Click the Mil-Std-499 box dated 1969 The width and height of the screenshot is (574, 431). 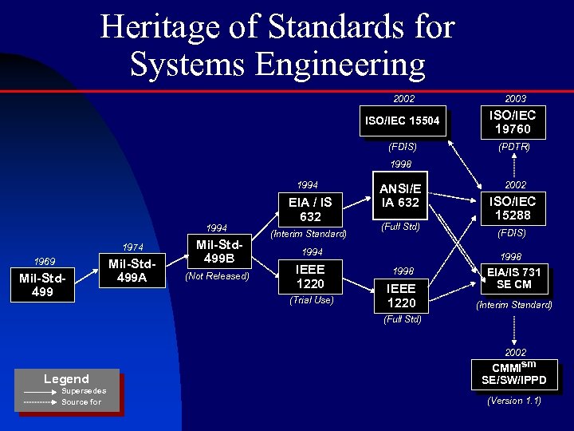(42, 286)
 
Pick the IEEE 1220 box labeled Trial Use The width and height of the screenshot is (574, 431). (310, 277)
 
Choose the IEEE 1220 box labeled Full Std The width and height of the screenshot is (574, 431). (401, 295)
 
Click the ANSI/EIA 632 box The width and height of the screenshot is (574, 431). (400, 196)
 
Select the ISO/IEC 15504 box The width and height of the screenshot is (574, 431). (403, 121)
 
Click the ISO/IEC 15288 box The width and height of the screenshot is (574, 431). (513, 209)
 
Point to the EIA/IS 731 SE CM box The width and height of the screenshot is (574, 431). (513, 279)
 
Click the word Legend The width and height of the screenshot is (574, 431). (66, 379)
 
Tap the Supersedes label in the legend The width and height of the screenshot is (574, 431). (84, 391)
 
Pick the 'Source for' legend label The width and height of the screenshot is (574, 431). (81, 402)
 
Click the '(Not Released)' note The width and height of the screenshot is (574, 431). (217, 277)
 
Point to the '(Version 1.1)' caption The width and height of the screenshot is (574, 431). (514, 401)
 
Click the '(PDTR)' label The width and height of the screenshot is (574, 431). (514, 148)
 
